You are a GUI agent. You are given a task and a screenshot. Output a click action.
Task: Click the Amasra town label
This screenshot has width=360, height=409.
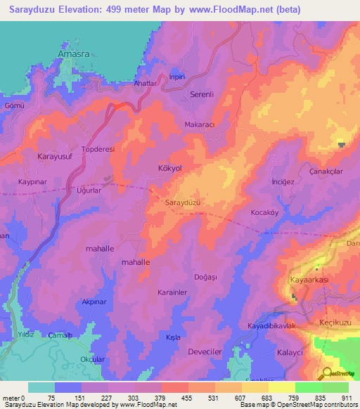click(x=74, y=51)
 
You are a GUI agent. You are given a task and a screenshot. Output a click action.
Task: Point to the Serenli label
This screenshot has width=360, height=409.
click(x=205, y=93)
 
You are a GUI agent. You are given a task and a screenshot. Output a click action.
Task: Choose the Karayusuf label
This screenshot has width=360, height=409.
click(x=36, y=157)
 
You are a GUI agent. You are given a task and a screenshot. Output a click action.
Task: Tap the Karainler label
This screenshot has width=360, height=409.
click(x=171, y=291)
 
